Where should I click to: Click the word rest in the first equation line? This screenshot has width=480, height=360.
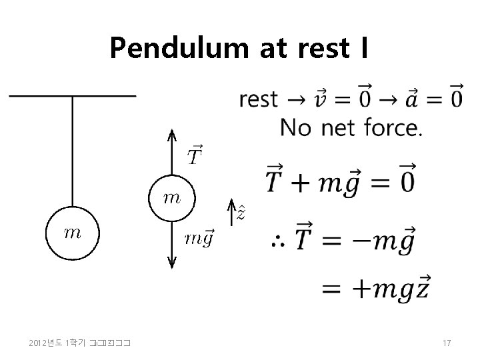tap(258, 99)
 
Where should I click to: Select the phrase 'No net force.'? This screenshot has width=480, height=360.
tap(351, 127)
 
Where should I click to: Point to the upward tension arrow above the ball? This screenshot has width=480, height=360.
tap(171, 152)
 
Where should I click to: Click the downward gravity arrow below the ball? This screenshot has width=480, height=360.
tap(171, 244)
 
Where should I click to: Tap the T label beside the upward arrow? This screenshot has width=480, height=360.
tap(195, 156)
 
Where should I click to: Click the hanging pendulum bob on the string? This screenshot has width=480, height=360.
tap(72, 233)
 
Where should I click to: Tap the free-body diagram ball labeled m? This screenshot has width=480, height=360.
tap(171, 197)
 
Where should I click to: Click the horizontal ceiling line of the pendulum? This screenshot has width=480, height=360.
tap(72, 96)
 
